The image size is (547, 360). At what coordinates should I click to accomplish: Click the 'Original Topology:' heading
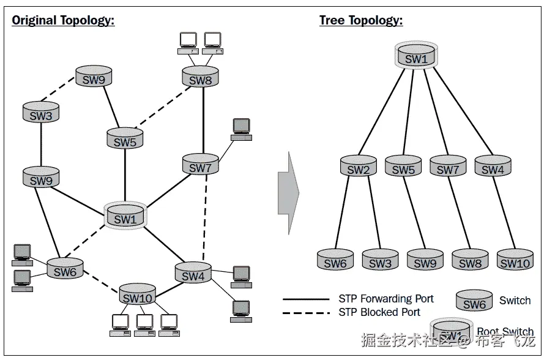click(x=64, y=20)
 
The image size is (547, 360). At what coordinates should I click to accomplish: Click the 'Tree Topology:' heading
click(x=361, y=20)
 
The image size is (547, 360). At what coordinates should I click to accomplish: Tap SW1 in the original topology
click(x=125, y=217)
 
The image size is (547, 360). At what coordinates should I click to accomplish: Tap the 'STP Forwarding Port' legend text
click(x=386, y=299)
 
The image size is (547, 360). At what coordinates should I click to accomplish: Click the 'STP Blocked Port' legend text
click(x=379, y=312)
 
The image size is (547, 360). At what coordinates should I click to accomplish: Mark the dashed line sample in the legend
click(x=306, y=313)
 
